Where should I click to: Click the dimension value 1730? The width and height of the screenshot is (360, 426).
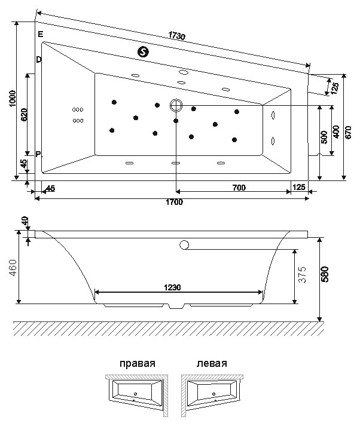click(177, 36)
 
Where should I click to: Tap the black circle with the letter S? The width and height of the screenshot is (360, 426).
click(144, 51)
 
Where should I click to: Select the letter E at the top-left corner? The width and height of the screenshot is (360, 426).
click(41, 34)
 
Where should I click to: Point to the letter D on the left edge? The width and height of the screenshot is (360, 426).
click(39, 59)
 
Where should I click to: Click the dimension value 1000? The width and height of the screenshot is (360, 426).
click(13, 99)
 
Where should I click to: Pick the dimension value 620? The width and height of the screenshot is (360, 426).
click(24, 115)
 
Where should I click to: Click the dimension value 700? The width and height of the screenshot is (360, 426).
click(239, 188)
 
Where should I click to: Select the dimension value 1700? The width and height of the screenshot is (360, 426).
click(174, 202)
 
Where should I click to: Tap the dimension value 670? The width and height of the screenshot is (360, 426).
click(349, 132)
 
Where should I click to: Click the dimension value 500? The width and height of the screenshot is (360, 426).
click(324, 137)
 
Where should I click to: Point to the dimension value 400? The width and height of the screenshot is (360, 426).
click(336, 132)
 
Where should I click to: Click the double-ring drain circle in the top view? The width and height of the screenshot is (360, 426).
click(176, 105)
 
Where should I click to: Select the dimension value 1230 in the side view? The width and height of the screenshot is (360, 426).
click(172, 287)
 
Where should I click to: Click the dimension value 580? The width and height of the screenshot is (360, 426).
click(325, 274)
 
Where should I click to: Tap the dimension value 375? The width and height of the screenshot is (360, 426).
click(302, 274)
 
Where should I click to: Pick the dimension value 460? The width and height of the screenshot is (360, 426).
click(13, 268)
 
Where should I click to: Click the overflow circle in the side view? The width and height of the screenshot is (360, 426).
click(184, 245)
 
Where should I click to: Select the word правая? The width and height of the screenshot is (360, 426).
click(138, 363)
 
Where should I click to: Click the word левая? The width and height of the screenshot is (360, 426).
click(212, 363)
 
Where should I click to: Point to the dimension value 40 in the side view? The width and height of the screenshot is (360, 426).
click(25, 220)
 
